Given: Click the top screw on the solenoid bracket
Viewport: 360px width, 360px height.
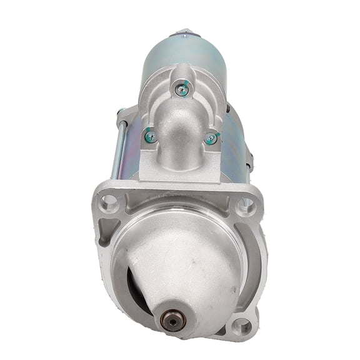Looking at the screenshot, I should click(x=181, y=90).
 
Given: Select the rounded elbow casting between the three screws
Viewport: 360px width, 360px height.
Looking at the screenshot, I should click(x=181, y=128).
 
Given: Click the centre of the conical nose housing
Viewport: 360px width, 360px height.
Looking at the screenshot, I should click(x=178, y=262).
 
